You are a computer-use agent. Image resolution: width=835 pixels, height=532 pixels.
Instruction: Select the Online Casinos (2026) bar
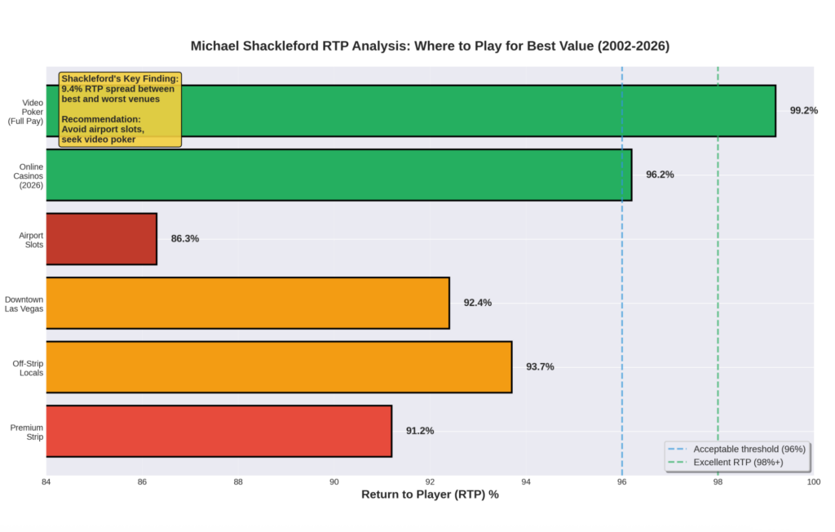point(338,175)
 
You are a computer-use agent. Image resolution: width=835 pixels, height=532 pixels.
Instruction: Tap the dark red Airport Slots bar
point(101,239)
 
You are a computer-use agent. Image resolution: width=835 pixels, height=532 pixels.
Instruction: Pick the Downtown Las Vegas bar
point(247,303)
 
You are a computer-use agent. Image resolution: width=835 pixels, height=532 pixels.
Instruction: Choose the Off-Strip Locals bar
point(278,367)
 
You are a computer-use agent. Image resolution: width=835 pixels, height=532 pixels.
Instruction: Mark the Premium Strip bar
point(219,431)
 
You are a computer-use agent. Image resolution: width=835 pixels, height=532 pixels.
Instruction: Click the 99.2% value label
point(803,111)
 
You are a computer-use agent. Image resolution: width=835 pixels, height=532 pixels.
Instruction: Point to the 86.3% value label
point(184,239)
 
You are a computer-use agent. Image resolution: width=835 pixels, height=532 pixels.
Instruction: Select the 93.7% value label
point(540,367)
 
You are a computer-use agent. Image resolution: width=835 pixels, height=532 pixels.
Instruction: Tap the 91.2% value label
point(420,431)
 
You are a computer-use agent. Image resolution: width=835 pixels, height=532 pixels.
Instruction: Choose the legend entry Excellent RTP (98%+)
point(737,463)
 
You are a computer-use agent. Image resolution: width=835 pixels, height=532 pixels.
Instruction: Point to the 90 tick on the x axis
point(334,482)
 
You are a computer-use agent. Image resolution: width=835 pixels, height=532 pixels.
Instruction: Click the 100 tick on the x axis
point(813,482)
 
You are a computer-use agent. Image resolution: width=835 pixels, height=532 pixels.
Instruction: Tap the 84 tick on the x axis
point(46,482)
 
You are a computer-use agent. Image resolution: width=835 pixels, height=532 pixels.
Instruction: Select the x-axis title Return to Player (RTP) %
point(430,495)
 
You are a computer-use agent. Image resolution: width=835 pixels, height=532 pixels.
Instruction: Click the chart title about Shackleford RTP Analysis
point(430,47)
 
